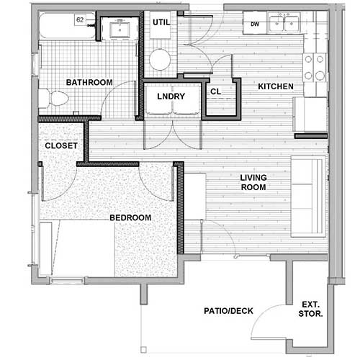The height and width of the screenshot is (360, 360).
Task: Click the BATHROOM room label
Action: click(89, 83)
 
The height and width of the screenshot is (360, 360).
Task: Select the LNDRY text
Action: click(171, 97)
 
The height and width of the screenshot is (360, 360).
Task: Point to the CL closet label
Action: click(215, 91)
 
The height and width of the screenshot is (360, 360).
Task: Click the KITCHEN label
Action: click(276, 87)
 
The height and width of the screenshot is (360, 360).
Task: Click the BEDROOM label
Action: click(130, 218)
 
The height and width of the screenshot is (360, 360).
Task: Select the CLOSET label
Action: click(60, 145)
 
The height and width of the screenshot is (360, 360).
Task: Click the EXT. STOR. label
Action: click(310, 309)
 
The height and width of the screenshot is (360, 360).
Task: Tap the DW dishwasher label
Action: click(255, 24)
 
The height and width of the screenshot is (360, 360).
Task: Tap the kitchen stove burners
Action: click(312, 67)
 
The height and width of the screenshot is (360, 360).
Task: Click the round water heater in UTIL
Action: click(160, 59)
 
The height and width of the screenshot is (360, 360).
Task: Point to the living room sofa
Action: click(308, 194)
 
